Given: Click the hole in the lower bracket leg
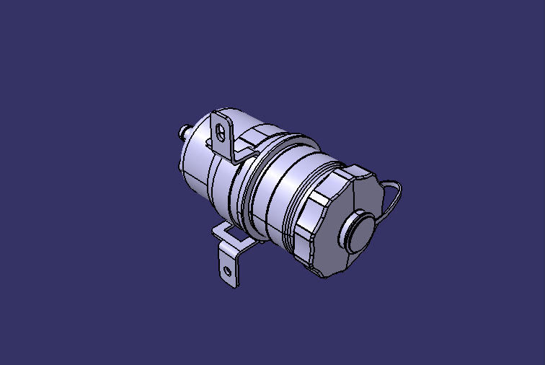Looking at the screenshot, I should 228,271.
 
